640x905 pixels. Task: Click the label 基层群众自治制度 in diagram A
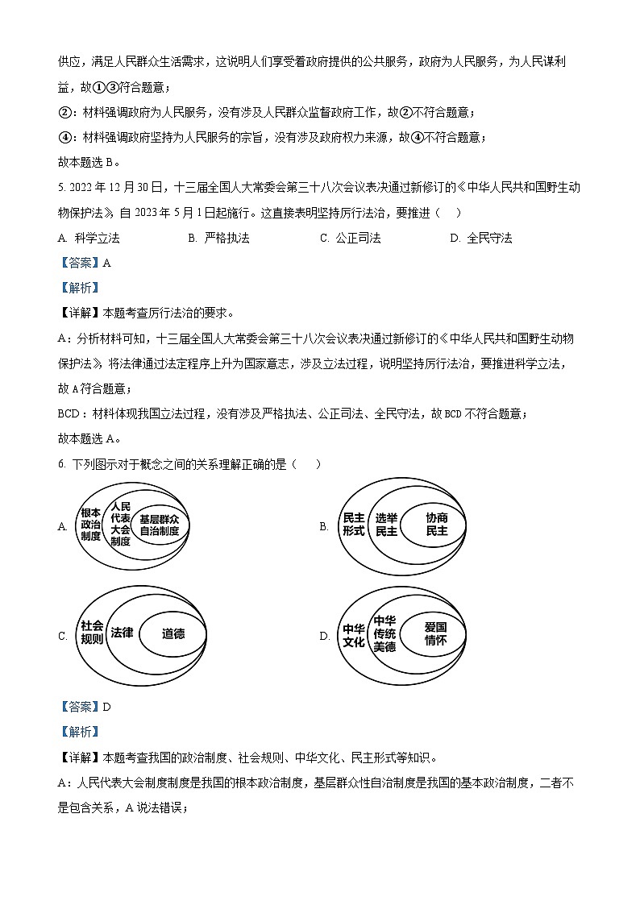tap(159, 525)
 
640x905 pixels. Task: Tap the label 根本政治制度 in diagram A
tap(91, 525)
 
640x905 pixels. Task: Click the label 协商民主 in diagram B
tap(437, 525)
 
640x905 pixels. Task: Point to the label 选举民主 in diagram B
tap(386, 525)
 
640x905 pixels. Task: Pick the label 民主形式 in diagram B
tap(354, 525)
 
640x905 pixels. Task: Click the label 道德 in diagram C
tap(172, 633)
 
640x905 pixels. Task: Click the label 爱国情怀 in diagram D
tap(435, 633)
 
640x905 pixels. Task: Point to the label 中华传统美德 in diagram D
tap(384, 633)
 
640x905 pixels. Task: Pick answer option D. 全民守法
tap(481, 238)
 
